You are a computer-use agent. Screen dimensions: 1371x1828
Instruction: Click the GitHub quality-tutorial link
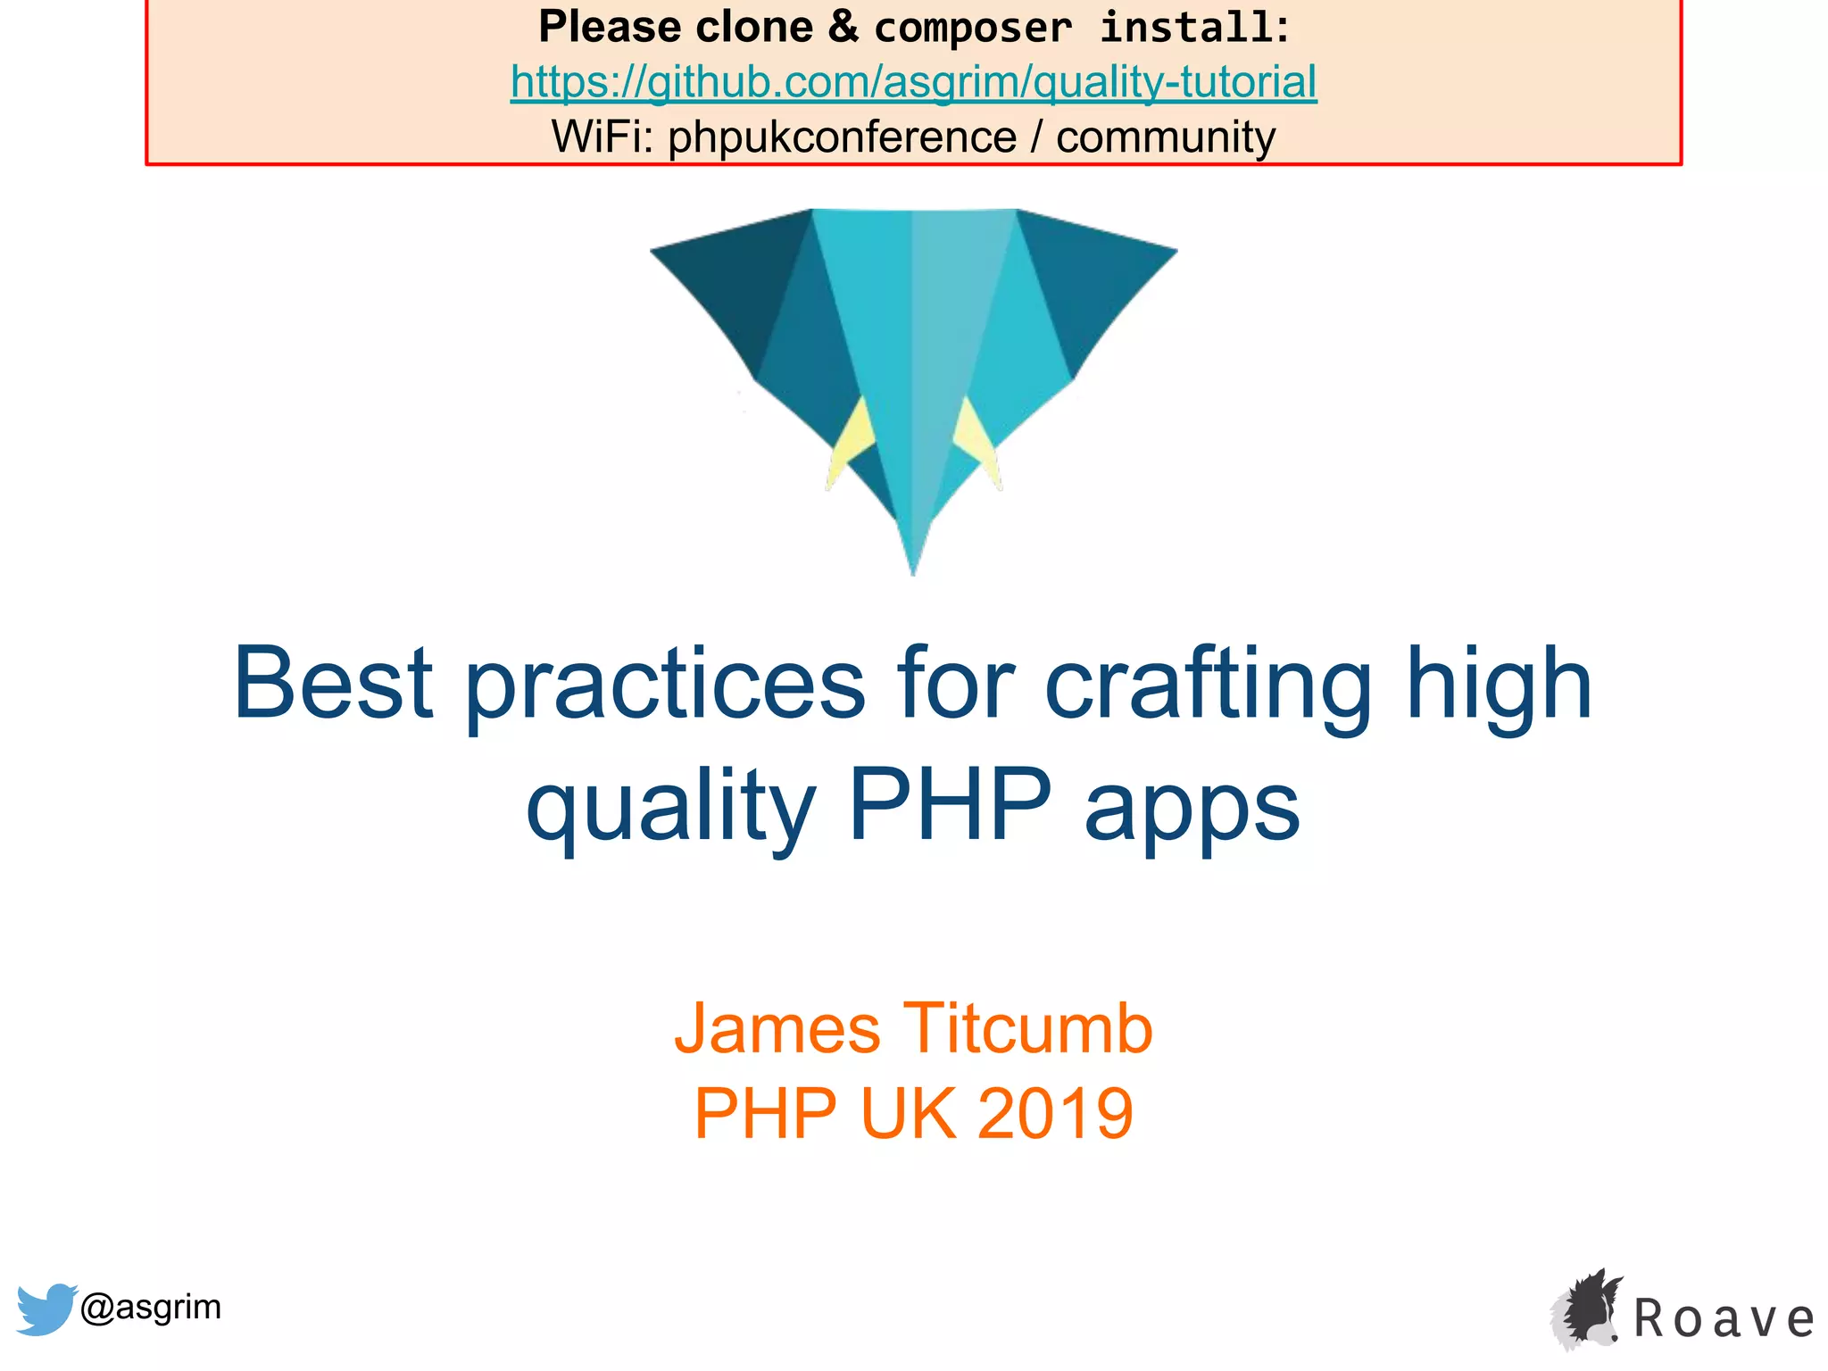coord(913,82)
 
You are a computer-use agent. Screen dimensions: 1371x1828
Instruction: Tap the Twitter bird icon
coord(45,1309)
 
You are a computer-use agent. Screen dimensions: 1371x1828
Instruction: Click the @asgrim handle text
coord(150,1307)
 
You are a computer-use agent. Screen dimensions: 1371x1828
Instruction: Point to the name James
coord(777,1029)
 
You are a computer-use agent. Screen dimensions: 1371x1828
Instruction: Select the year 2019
coord(1055,1114)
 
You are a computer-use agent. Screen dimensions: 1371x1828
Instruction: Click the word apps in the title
coord(1192,809)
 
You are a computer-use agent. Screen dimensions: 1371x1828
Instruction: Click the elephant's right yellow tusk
coord(975,437)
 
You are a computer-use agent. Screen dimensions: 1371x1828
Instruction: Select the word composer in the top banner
coord(973,27)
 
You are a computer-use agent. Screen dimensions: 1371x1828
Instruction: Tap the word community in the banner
coord(1165,137)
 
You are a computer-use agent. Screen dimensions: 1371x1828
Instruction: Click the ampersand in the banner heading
coord(843,27)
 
